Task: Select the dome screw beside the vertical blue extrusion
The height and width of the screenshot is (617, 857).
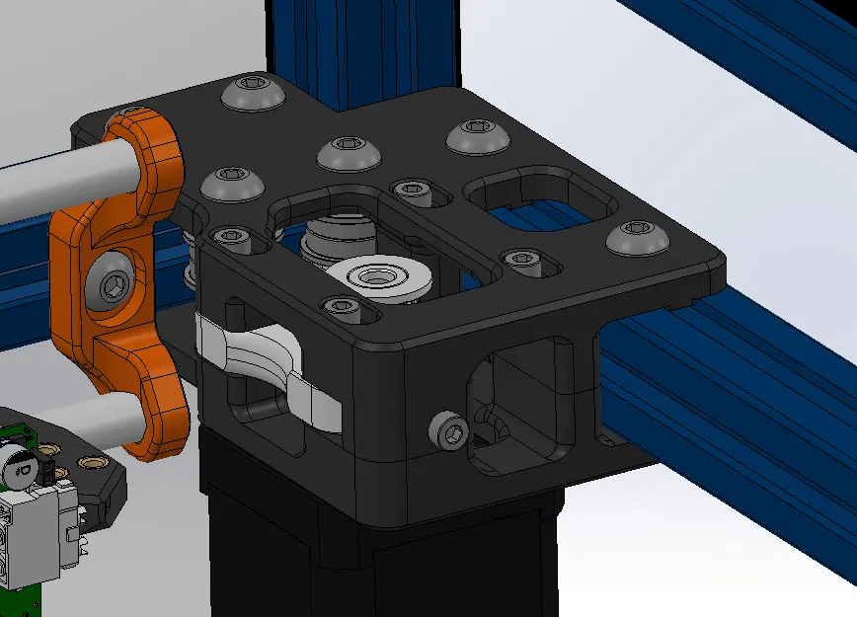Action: pyautogui.click(x=249, y=95)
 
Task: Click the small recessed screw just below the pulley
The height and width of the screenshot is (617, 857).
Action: pyautogui.click(x=342, y=306)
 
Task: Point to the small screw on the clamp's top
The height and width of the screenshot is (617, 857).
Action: pyautogui.click(x=126, y=112)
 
